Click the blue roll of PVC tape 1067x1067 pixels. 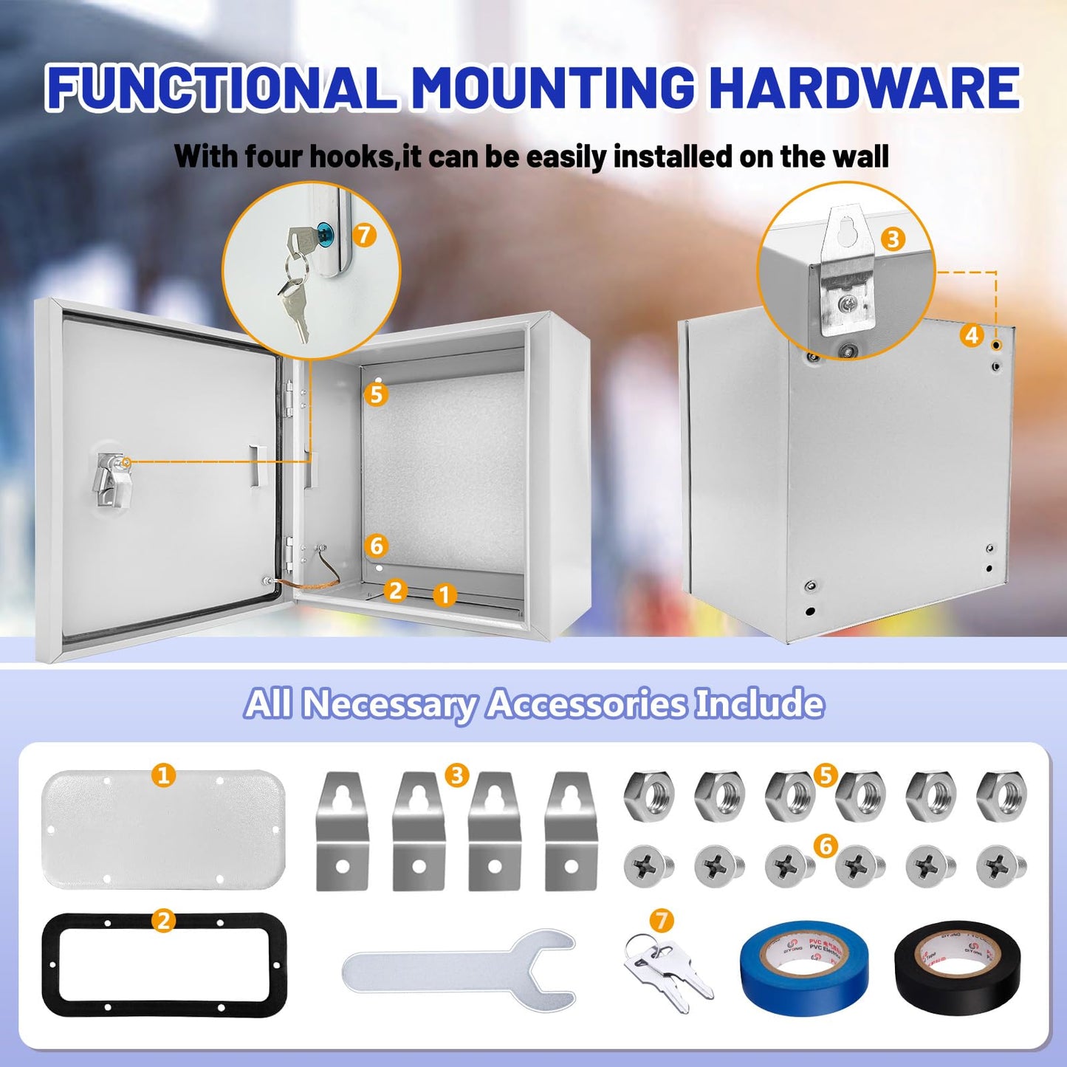point(803,967)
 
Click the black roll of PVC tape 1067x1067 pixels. point(957,967)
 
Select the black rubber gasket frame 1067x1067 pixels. point(164,964)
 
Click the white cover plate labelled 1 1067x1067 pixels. point(163,828)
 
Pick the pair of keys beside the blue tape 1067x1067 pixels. point(667,971)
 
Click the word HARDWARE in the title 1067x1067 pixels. point(864,87)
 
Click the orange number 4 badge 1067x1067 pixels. point(972,335)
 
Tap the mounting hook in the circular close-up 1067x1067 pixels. point(848,273)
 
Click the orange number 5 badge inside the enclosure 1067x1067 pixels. point(377,394)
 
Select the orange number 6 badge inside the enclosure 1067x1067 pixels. point(377,546)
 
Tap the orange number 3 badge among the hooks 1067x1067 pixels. point(457,775)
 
